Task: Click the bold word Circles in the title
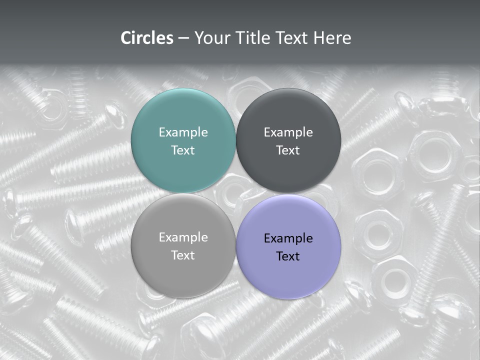pos(147,38)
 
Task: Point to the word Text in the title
pos(293,38)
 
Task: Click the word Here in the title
pos(332,38)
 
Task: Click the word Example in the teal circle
pos(183,132)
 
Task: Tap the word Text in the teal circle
pos(183,150)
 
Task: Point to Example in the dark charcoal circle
pos(288,132)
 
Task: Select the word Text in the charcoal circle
pos(288,150)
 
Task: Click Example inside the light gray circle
pos(183,237)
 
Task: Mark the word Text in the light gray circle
pos(183,255)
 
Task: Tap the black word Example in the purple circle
pos(288,238)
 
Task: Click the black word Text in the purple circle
pos(288,256)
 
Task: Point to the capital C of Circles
pos(126,38)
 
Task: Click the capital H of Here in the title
pos(319,38)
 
